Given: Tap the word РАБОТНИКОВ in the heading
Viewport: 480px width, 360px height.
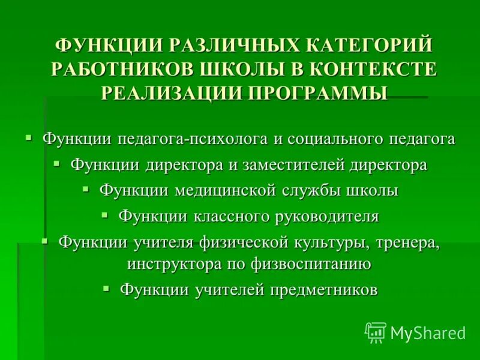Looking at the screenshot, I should [118, 69].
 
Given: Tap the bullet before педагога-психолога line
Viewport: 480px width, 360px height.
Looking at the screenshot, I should [28, 137].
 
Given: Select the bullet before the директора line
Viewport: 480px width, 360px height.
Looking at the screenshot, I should [56, 163].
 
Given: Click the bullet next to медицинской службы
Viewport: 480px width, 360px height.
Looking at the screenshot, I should [85, 189].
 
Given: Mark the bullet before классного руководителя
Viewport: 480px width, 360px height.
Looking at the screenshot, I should [105, 214].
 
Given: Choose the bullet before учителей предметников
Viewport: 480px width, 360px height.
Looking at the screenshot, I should [106, 289].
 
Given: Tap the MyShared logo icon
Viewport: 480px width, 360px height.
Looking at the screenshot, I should [375, 332].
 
